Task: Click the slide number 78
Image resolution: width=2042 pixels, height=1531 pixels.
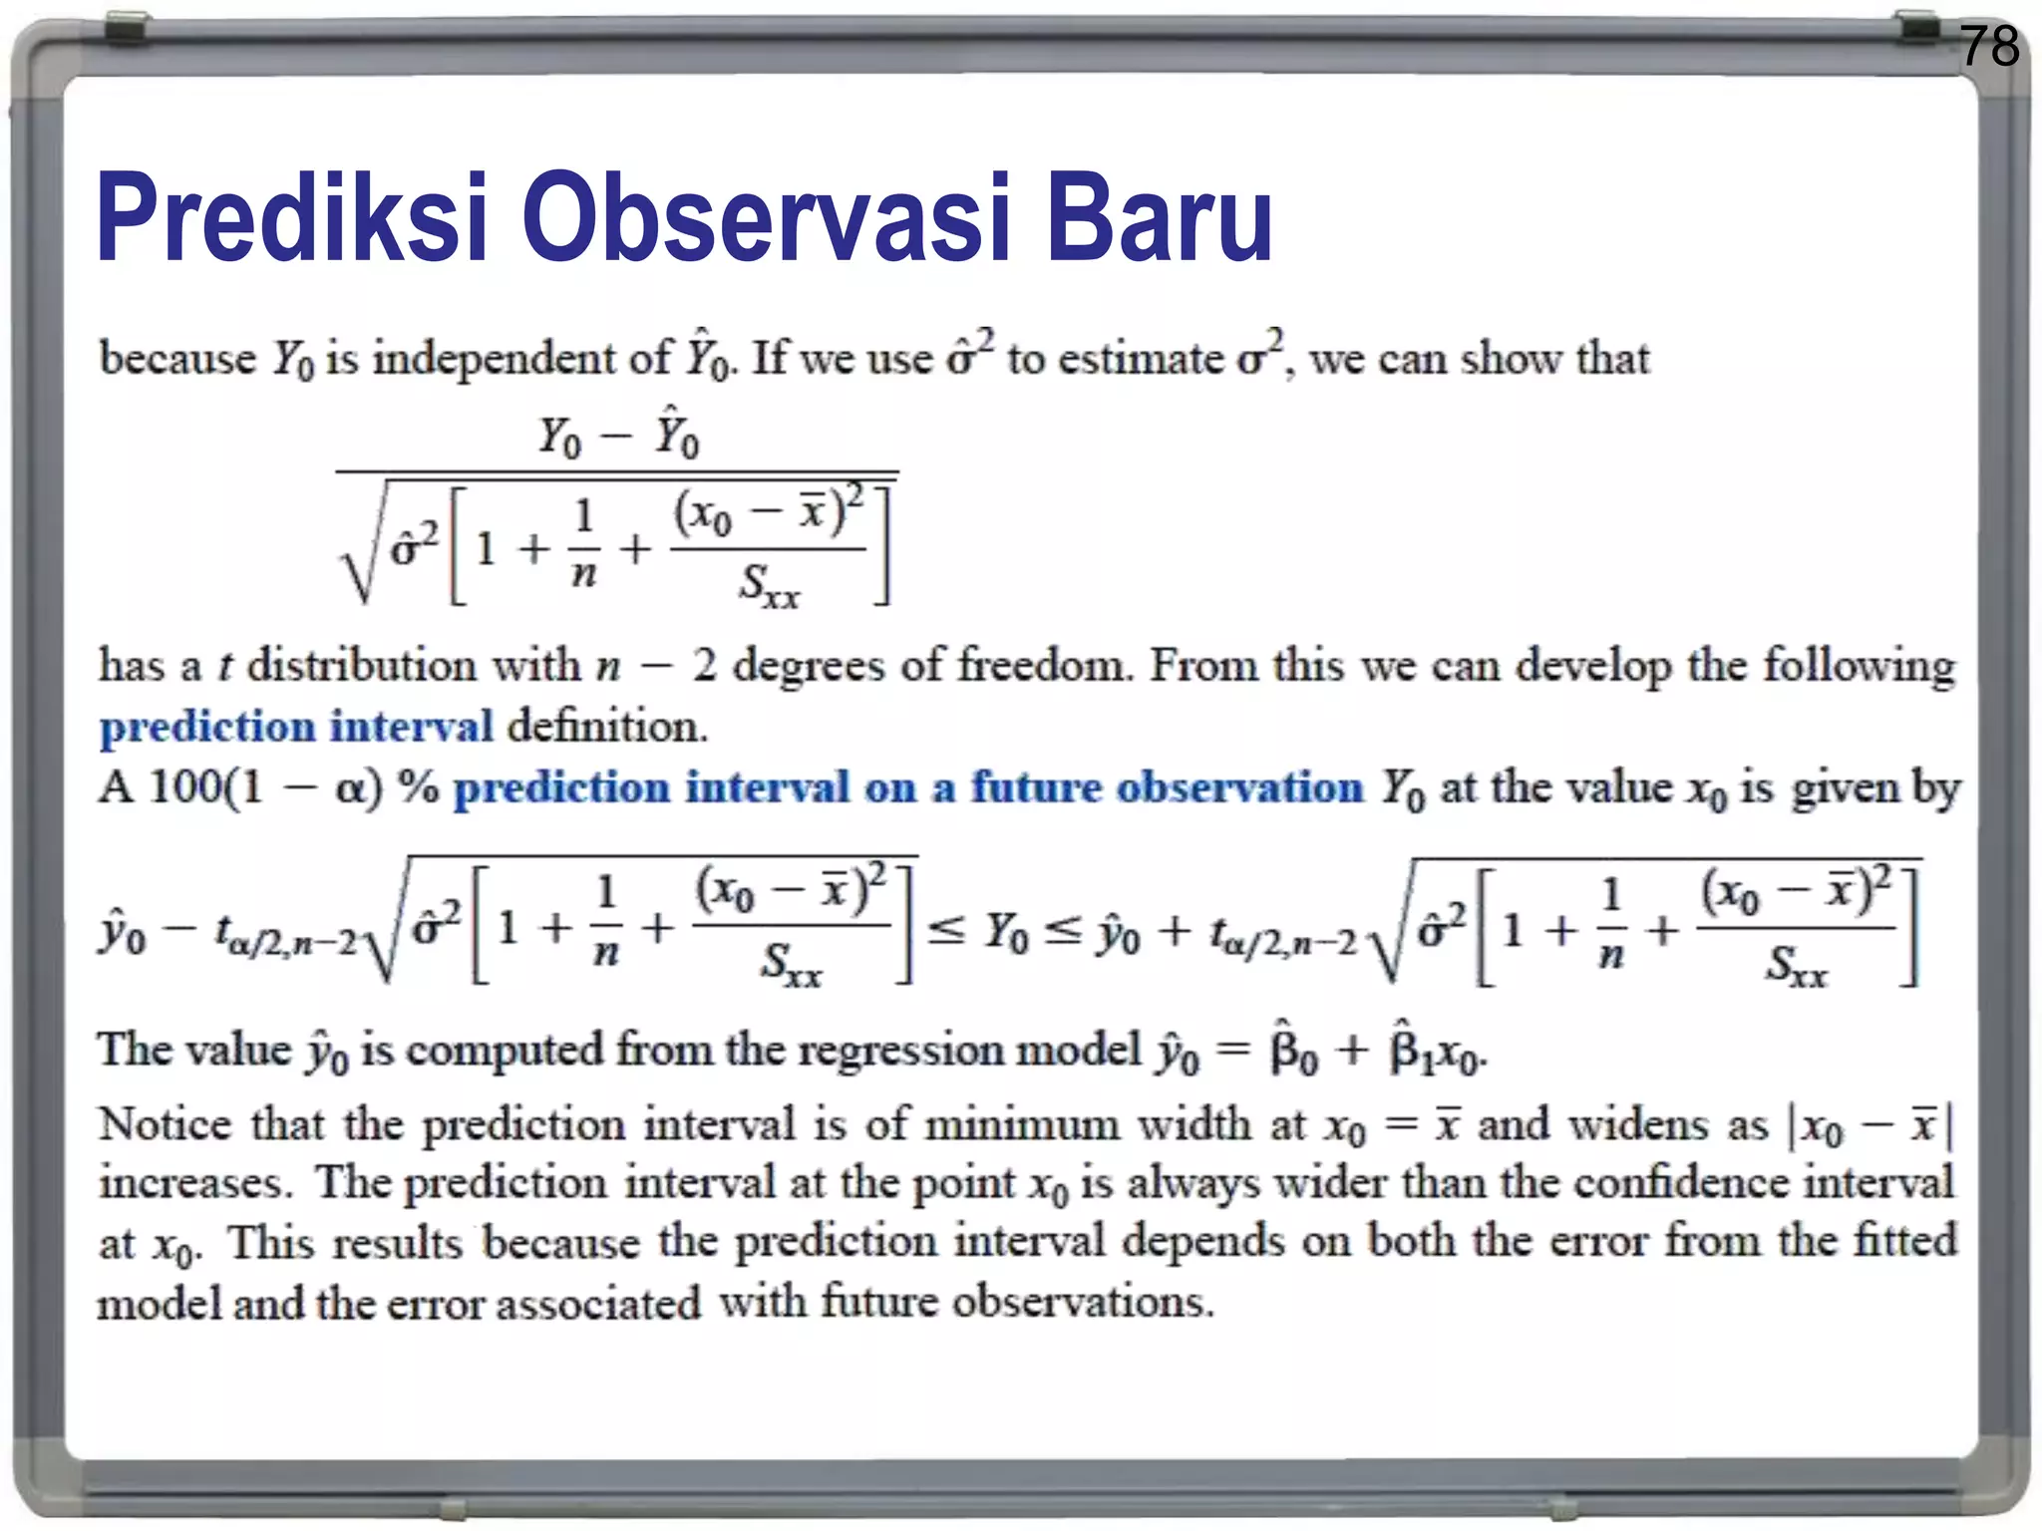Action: coord(1988,47)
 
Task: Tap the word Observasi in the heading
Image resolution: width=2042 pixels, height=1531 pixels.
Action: coord(766,218)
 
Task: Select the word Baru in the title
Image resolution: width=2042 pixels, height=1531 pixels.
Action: coord(1160,218)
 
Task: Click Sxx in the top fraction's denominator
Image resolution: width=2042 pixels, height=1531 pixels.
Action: coord(769,586)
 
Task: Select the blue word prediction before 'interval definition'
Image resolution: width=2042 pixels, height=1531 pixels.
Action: coord(206,727)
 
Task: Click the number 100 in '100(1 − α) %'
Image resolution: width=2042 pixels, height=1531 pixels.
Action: coord(187,788)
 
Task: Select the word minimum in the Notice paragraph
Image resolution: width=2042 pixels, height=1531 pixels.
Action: coord(1023,1125)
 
